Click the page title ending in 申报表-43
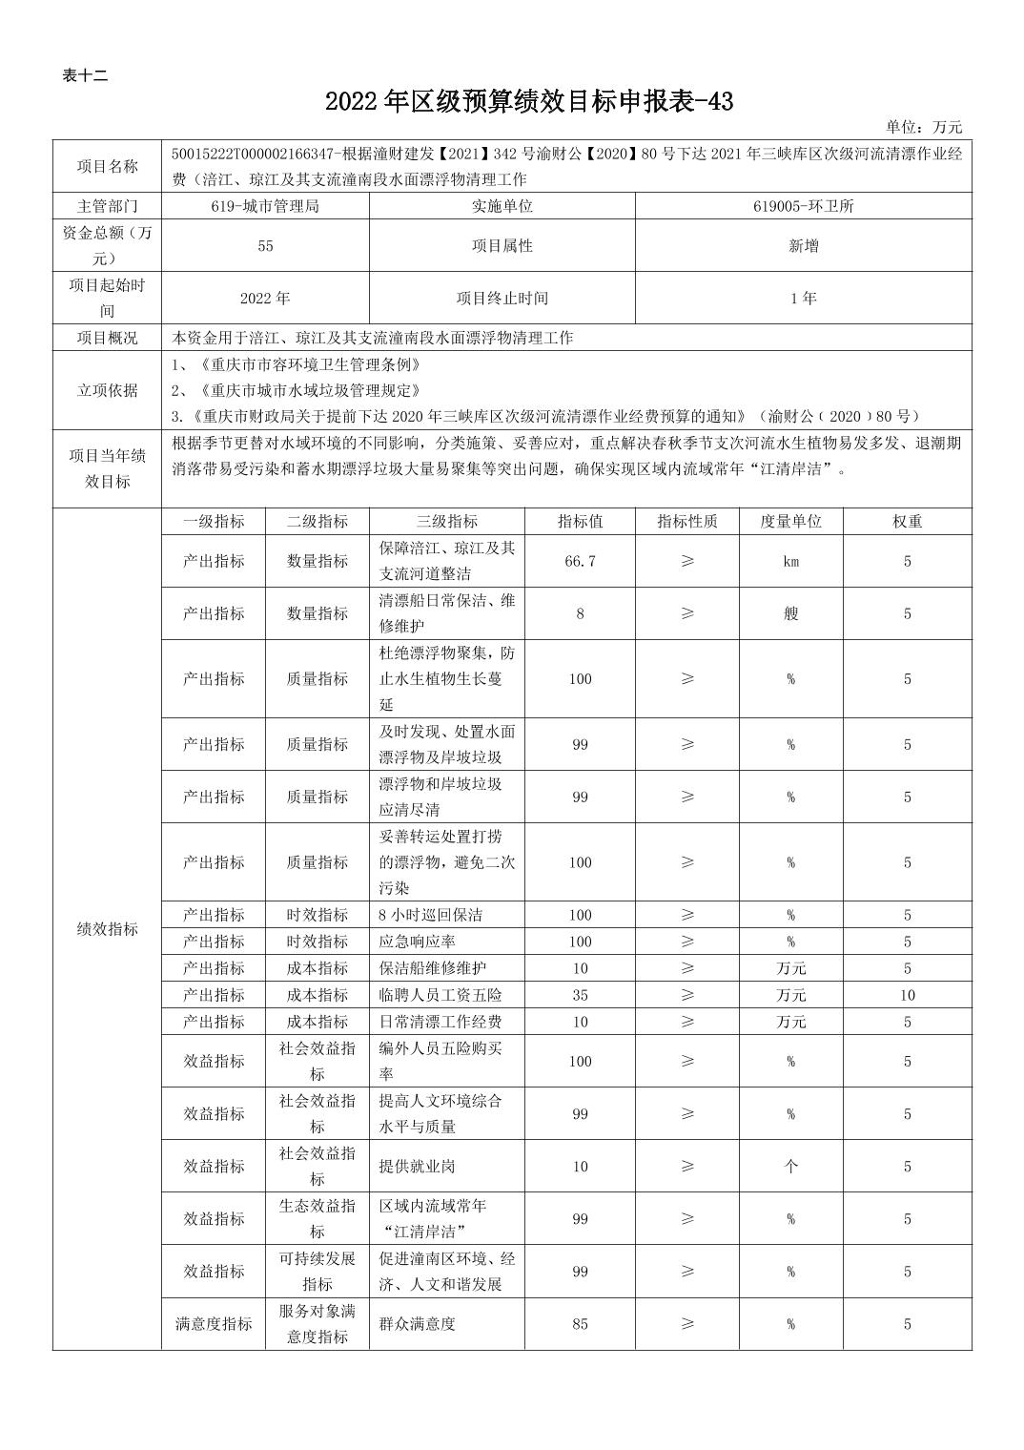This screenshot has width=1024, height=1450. pyautogui.click(x=529, y=102)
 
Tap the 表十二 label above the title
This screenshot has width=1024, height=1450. pyautogui.click(x=85, y=76)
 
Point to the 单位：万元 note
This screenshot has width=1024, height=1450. pyautogui.click(x=923, y=127)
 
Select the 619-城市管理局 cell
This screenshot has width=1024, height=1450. pyautogui.click(x=265, y=206)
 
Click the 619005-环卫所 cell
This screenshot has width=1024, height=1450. pyautogui.click(x=803, y=206)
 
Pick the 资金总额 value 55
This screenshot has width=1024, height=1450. pyautogui.click(x=265, y=246)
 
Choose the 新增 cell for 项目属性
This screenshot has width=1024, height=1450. pyautogui.click(x=803, y=246)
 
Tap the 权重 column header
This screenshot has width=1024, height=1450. pyautogui.click(x=907, y=522)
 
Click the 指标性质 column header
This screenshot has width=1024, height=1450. pyautogui.click(x=687, y=522)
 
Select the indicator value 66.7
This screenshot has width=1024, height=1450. pyautogui.click(x=580, y=561)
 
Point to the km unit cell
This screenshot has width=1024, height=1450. pyautogui.click(x=790, y=561)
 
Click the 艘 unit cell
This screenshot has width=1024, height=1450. pyautogui.click(x=790, y=613)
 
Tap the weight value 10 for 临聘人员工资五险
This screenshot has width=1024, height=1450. pyautogui.click(x=907, y=995)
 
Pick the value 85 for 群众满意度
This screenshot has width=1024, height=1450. pyautogui.click(x=580, y=1324)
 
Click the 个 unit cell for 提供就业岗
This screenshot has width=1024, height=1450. pyautogui.click(x=790, y=1167)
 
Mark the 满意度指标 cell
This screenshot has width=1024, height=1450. pyautogui.click(x=214, y=1324)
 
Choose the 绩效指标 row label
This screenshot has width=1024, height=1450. pyautogui.click(x=107, y=929)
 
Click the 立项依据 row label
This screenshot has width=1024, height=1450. pyautogui.click(x=107, y=390)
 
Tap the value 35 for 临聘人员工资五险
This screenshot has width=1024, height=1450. pyautogui.click(x=580, y=995)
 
